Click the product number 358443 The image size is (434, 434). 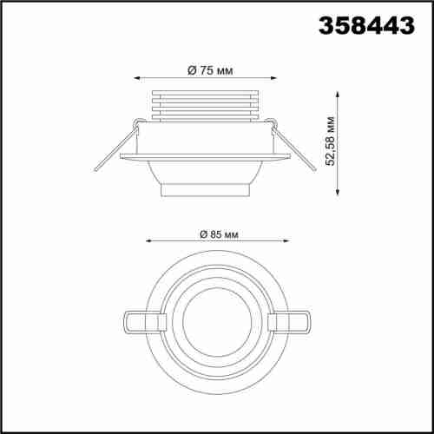tap(369, 27)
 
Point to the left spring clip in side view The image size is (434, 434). tap(115, 148)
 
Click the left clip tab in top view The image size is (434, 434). tap(139, 322)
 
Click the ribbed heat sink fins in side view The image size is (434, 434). tap(205, 103)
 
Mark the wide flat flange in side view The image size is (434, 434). tap(205, 156)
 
